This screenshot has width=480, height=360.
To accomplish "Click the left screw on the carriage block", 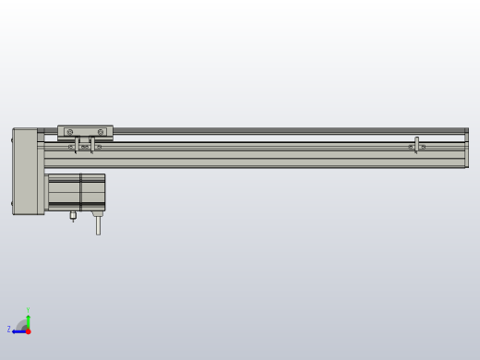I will [69, 132].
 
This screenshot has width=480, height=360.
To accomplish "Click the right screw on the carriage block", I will [101, 132].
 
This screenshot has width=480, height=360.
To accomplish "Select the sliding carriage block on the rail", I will [85, 132].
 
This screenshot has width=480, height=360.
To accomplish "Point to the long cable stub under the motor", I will [98, 223].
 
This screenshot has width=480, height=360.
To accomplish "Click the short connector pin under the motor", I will [72, 217].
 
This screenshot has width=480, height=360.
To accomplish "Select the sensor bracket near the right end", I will [417, 144].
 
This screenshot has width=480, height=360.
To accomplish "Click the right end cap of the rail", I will [466, 148].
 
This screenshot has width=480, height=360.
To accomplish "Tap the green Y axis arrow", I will [28, 320].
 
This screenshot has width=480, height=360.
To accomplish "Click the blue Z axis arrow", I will [18, 330].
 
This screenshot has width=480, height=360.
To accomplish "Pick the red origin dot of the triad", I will [28, 330].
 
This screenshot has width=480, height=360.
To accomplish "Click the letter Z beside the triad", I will [9, 329].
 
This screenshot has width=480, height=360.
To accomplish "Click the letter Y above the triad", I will [28, 310].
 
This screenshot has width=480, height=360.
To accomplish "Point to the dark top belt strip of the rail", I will [277, 130].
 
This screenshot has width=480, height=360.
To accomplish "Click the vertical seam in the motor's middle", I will [80, 191].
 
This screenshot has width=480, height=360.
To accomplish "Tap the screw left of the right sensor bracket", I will [411, 147].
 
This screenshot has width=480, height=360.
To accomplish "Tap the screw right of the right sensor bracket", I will [424, 147].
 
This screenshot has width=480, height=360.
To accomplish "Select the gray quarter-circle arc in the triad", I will [22, 324].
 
